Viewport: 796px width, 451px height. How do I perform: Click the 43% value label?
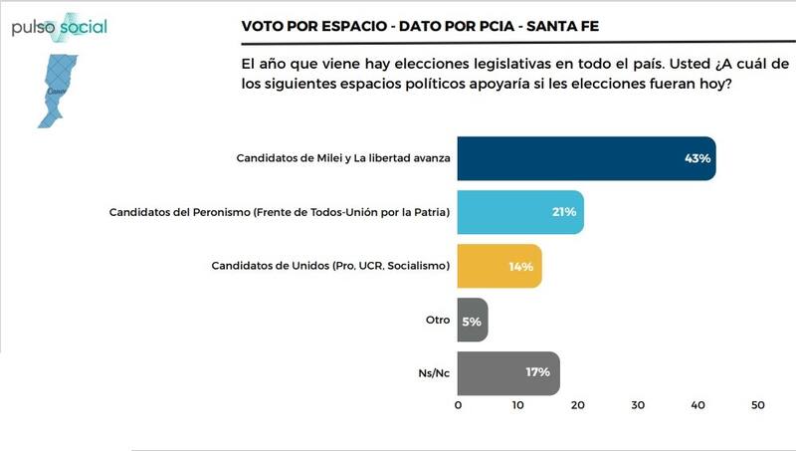pos(696,158)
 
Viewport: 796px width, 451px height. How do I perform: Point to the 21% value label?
pos(564,212)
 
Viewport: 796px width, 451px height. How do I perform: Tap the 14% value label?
pos(521,266)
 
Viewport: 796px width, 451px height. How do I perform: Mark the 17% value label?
pos(538,373)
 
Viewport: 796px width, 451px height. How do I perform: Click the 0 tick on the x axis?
pos(458,405)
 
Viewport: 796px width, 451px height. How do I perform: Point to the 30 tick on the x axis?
pos(638,405)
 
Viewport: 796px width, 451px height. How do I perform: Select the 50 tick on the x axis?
pos(757,405)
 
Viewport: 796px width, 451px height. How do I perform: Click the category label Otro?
pos(438,320)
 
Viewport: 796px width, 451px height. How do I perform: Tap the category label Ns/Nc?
pos(434,373)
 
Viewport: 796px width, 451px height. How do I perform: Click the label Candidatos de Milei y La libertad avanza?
pos(343,158)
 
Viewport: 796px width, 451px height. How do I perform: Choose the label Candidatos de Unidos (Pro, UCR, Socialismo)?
pos(331,266)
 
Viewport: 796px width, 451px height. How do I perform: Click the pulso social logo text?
pos(60,27)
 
